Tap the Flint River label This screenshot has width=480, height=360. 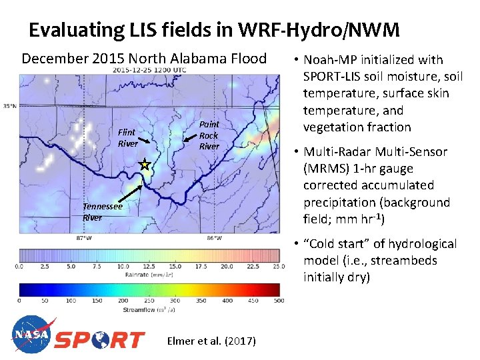pos(127,139)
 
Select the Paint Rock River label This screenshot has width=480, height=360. pos(209,135)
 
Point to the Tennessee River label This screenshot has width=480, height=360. pos(102,212)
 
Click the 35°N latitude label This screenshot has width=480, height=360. pos(9,106)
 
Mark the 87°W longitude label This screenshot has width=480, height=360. pos(84,237)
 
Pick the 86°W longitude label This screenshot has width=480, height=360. pos(214,237)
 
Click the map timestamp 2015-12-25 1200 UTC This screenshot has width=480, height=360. pos(149,70)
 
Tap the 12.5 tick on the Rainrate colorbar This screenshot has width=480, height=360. pos(149,266)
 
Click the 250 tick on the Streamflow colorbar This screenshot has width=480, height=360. pos(149,301)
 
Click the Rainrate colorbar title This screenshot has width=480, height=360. pos(149,273)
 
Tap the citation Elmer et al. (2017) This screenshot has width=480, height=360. pos(211,341)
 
